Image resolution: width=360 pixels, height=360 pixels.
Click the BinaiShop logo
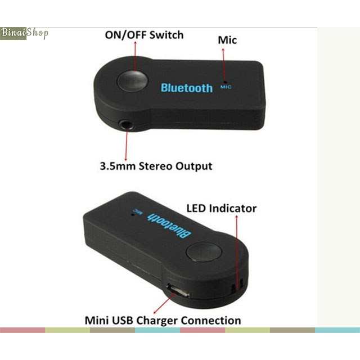click(x=24, y=33)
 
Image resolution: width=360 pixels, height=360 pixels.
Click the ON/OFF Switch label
click(x=144, y=35)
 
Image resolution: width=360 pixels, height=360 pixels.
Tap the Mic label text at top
click(x=227, y=40)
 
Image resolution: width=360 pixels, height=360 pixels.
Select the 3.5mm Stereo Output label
click(x=156, y=166)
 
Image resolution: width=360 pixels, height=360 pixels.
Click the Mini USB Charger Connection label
click(x=163, y=321)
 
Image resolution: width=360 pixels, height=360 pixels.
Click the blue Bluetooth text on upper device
click(x=187, y=88)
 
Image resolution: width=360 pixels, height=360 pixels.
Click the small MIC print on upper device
click(x=226, y=87)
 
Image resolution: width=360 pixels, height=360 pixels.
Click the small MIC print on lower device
click(x=135, y=211)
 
